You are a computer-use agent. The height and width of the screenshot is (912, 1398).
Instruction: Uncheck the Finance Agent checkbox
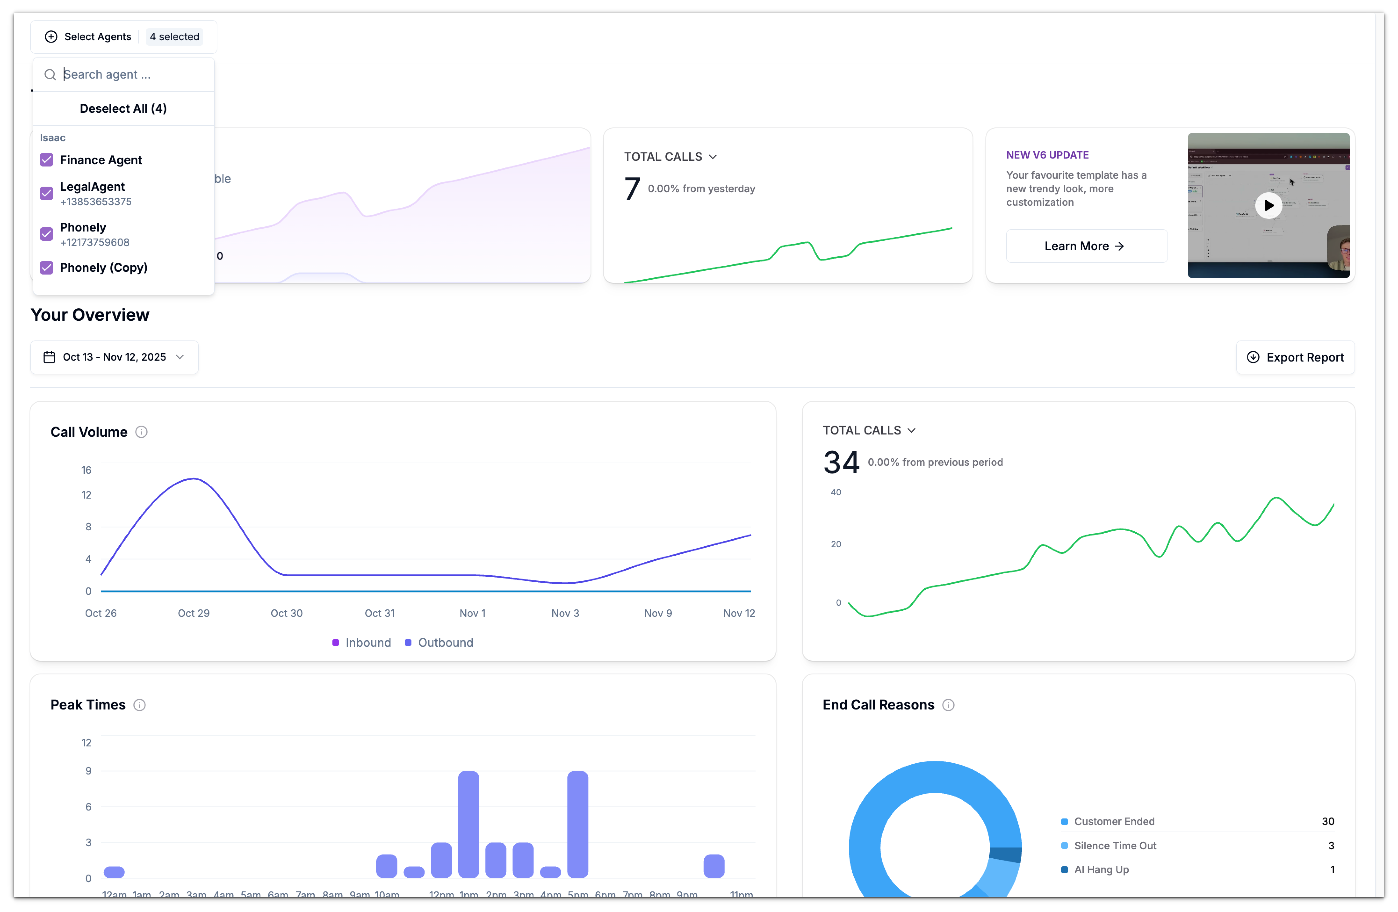pyautogui.click(x=46, y=160)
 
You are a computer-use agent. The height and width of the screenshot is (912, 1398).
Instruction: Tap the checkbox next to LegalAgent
pyautogui.click(x=46, y=193)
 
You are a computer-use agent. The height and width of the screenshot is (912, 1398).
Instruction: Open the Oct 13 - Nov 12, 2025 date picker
pyautogui.click(x=114, y=357)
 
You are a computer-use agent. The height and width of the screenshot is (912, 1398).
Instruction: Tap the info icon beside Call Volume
pyautogui.click(x=141, y=432)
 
